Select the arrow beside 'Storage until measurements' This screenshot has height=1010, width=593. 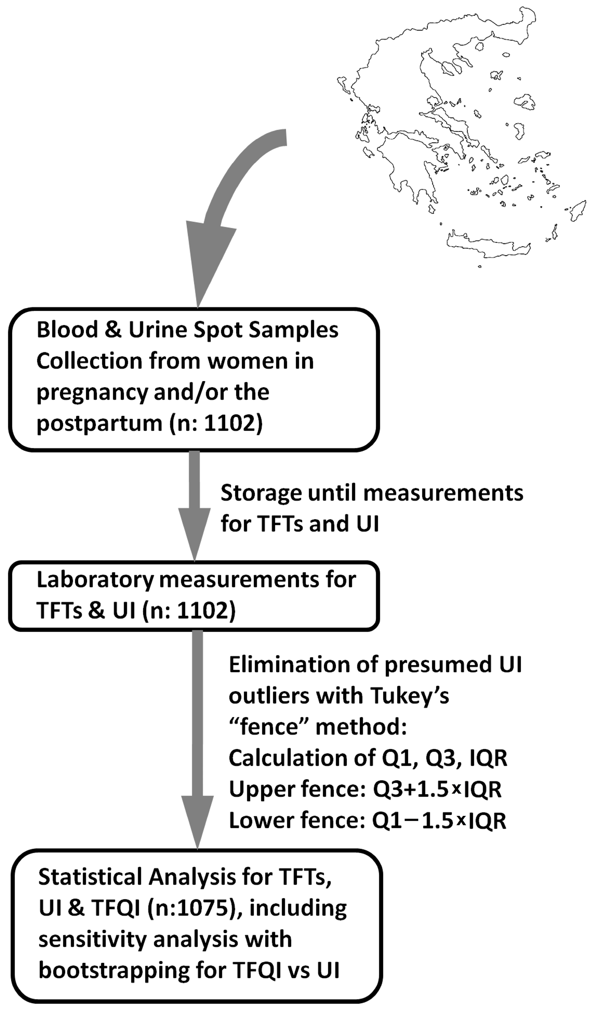tap(194, 505)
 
